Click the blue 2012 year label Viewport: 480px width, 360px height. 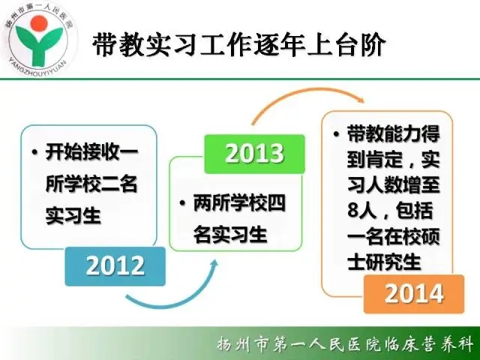[x=115, y=266]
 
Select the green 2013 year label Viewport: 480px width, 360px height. [x=255, y=154]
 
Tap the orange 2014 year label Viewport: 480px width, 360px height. [x=414, y=294]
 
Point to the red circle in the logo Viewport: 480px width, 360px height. [x=39, y=23]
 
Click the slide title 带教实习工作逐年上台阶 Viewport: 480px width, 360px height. [x=238, y=45]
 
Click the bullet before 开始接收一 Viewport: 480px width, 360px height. [x=34, y=151]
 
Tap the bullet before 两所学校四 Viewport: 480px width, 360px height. [x=182, y=203]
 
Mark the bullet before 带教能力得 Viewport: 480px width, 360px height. [x=337, y=134]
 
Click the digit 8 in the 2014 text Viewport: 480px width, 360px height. [x=353, y=211]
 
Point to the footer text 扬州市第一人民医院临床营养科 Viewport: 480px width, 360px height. [x=345, y=345]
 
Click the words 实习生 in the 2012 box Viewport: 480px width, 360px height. [x=73, y=216]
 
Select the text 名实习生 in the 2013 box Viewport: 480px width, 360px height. [x=230, y=235]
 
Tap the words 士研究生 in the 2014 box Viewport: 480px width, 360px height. [x=384, y=262]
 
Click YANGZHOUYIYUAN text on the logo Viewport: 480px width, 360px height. [x=37, y=67]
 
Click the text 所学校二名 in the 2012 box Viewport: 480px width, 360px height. [x=91, y=184]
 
